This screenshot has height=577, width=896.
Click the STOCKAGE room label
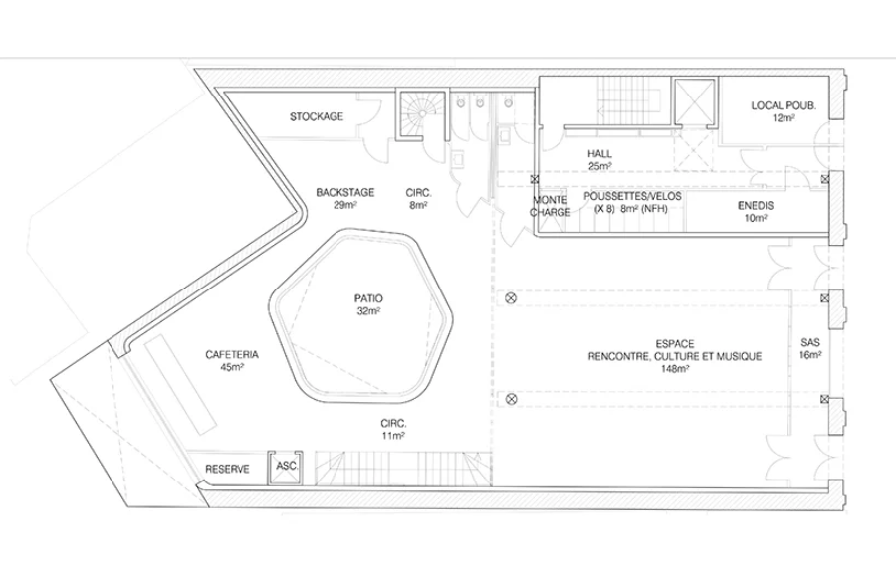[x=316, y=116]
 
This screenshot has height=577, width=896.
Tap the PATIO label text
[x=368, y=298]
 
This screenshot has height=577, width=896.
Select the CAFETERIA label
[x=232, y=355]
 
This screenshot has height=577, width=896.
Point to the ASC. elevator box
[x=285, y=468]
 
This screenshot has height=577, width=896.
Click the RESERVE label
[x=227, y=469]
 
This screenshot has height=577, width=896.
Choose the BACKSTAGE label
[x=345, y=193]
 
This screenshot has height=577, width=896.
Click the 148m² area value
[x=674, y=369]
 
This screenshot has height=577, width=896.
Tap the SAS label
[x=810, y=343]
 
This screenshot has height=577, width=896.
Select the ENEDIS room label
[x=756, y=206]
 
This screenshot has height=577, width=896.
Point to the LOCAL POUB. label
[x=784, y=105]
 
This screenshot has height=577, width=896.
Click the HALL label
[x=599, y=153]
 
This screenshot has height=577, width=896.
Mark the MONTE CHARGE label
[x=551, y=206]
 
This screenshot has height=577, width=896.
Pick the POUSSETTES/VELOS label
[x=632, y=196]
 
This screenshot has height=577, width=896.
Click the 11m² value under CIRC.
[x=393, y=436]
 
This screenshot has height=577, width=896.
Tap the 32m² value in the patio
[x=368, y=311]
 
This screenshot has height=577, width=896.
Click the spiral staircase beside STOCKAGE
[x=421, y=114]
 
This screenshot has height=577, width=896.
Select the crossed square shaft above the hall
[x=695, y=101]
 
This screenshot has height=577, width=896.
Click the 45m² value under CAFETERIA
[x=232, y=367]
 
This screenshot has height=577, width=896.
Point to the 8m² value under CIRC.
[x=419, y=206]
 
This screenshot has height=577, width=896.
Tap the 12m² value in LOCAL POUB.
[x=784, y=118]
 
